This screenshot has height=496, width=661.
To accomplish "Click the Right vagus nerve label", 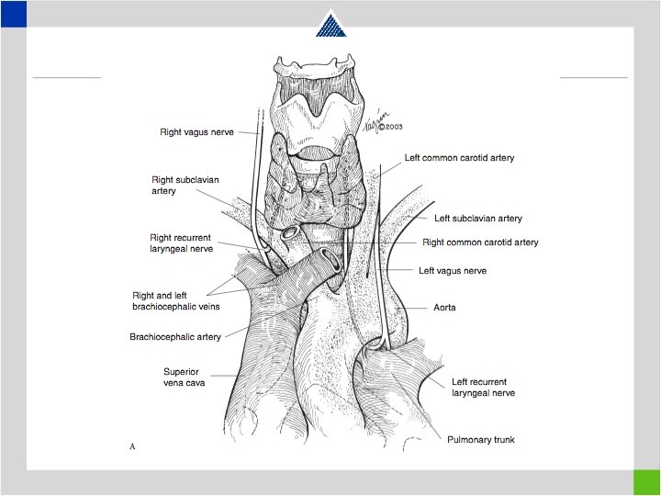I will click(196, 132).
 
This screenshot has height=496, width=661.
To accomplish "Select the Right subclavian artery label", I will click(177, 185).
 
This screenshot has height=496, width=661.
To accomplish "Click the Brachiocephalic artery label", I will click(175, 337).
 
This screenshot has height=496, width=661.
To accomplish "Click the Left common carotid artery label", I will click(459, 158).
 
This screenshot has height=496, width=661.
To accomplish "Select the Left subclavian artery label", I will click(478, 219).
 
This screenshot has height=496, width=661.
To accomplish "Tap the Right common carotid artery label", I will click(480, 242).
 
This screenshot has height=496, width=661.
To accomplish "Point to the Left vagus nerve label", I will click(453, 271).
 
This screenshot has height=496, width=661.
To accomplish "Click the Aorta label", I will click(444, 308).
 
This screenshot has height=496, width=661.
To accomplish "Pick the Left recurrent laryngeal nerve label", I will click(483, 387).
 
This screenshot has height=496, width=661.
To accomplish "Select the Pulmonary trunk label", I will click(481, 440).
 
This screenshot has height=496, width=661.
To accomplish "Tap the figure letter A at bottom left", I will click(133, 446).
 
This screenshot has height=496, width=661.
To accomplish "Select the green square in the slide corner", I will click(646, 482).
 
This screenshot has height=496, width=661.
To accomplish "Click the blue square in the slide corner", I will click(14, 13).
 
